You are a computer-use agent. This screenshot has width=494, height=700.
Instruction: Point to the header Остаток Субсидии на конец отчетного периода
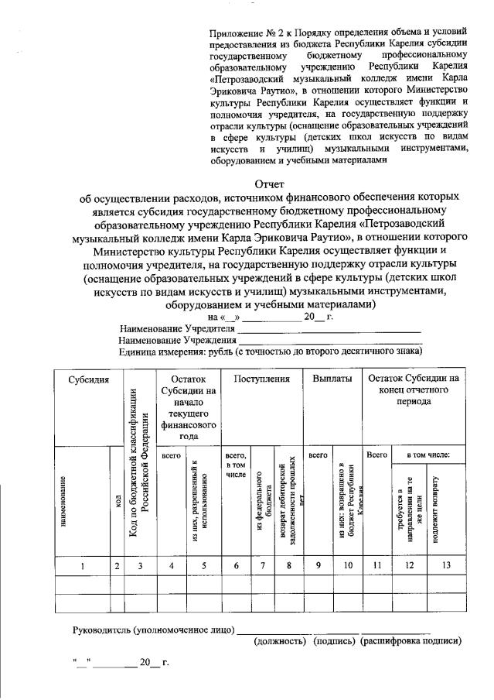pyautogui.click(x=414, y=391)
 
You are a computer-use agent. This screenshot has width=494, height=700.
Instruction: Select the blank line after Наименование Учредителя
pyautogui.click(x=329, y=330)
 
